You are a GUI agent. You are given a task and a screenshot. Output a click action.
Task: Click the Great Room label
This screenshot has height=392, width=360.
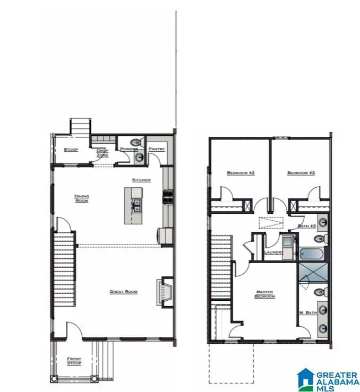[x=124, y=292]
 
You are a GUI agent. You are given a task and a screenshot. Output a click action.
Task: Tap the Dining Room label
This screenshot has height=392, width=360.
[x=81, y=198]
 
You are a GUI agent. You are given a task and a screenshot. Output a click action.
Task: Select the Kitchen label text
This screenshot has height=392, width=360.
[x=142, y=180]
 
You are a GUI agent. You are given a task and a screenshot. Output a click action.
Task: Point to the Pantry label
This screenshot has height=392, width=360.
[x=157, y=149]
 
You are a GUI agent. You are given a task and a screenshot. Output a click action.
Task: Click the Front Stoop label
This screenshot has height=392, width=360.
[x=74, y=361]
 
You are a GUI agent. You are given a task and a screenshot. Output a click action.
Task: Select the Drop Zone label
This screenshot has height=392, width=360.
[x=102, y=152]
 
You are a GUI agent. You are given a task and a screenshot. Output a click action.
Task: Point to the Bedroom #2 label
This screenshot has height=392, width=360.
[x=241, y=173]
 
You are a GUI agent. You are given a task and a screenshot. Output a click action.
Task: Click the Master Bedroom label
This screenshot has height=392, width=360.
[x=265, y=293]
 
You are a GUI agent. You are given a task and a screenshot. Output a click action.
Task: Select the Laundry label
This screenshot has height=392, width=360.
[x=273, y=252]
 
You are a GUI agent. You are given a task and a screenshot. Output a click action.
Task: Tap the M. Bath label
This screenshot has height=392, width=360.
[x=308, y=313]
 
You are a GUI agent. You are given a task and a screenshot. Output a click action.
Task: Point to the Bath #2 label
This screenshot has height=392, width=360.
[x=307, y=227]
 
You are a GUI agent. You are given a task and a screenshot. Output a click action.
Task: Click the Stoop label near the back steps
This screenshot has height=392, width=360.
[x=71, y=150]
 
